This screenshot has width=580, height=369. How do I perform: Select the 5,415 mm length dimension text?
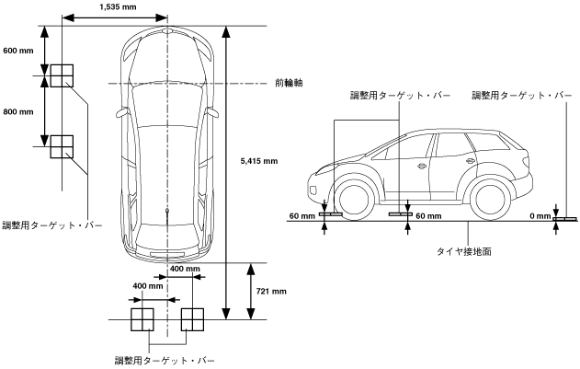click(x=257, y=162)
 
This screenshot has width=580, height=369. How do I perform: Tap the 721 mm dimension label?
click(x=271, y=291)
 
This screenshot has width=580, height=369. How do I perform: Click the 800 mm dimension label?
click(x=18, y=112)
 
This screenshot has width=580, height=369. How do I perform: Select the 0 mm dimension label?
click(x=540, y=216)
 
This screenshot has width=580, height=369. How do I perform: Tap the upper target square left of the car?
click(x=62, y=75)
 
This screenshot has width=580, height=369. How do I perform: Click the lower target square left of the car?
click(x=62, y=145)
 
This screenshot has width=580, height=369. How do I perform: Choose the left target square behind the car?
click(x=142, y=319)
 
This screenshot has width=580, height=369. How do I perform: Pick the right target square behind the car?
click(x=192, y=319)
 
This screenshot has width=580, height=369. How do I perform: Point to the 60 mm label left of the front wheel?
click(x=301, y=216)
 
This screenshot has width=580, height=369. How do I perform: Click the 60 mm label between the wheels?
click(x=428, y=216)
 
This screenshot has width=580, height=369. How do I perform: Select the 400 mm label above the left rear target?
click(x=147, y=286)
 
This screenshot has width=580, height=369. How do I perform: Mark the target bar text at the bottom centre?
click(x=165, y=358)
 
